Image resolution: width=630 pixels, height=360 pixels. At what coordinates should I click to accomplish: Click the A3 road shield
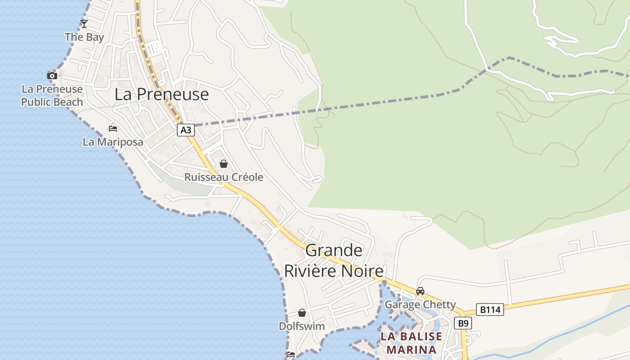[x=186, y=130]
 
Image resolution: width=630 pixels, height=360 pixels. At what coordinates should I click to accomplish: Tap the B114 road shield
[x=490, y=310]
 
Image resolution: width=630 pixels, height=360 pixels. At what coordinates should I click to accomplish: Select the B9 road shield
[x=463, y=323]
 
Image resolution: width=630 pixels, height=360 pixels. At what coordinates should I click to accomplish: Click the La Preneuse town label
[x=162, y=94]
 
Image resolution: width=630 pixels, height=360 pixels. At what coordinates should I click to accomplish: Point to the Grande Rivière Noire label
[x=333, y=261]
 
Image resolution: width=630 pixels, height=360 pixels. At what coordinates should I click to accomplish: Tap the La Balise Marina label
[x=411, y=343]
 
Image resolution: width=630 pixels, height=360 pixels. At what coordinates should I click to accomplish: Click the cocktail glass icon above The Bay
[x=84, y=24]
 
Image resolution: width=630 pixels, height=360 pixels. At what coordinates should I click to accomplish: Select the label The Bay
[x=84, y=37]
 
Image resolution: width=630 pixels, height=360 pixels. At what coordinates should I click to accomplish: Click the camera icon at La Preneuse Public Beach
[x=52, y=76]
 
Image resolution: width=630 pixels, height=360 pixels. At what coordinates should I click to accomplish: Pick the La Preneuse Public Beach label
[x=52, y=96]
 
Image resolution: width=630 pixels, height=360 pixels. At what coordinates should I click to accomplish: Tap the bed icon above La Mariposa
[x=113, y=129]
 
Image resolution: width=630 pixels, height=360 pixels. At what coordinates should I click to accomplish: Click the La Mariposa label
[x=113, y=142]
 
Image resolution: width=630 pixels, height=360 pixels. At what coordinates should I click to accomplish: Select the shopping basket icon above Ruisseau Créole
[x=224, y=164]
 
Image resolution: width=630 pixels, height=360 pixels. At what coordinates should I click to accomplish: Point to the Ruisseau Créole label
[x=224, y=177]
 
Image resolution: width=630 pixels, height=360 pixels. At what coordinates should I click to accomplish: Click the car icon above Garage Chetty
[x=420, y=291]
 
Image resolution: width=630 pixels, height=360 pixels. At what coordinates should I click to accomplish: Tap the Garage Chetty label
[x=420, y=305]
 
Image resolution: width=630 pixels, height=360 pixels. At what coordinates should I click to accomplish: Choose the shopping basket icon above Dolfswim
[x=302, y=313]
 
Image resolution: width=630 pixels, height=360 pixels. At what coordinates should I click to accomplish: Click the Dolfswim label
[x=302, y=326]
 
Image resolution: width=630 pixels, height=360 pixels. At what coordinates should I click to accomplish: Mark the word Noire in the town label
[x=362, y=271]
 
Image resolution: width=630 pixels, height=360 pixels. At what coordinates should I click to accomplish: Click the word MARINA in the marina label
[x=411, y=350]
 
